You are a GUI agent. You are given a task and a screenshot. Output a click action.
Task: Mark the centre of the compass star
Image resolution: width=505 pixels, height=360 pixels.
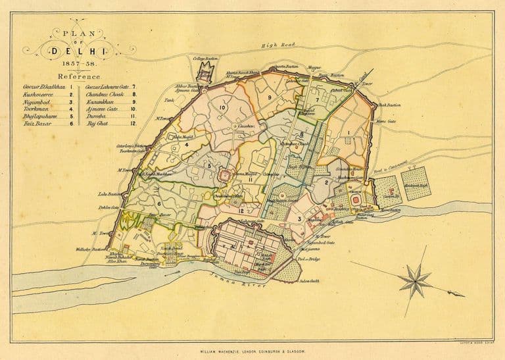[x=415, y=278]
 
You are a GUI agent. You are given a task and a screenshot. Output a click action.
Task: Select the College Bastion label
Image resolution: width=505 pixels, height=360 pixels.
[x=204, y=59]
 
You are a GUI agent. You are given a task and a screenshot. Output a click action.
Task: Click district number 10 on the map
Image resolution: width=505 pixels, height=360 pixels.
[x=223, y=107]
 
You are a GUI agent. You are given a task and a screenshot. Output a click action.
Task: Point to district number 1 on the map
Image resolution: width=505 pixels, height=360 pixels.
[x=348, y=133]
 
